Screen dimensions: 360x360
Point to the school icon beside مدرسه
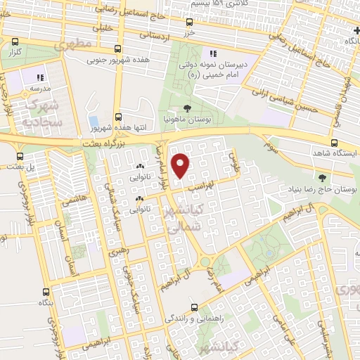pyautogui.click(x=40, y=77)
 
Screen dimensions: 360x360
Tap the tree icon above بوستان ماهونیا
pyautogui.click(x=186, y=108)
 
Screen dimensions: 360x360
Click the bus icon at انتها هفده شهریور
pyautogui.click(x=118, y=117)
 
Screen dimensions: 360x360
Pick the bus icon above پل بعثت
pyautogui.click(x=19, y=156)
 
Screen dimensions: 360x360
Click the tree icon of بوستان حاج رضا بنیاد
pyautogui.click(x=322, y=178)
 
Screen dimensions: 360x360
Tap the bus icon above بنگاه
pyautogui.click(x=46, y=291)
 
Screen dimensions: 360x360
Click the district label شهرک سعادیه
pyautogui.click(x=42, y=112)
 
